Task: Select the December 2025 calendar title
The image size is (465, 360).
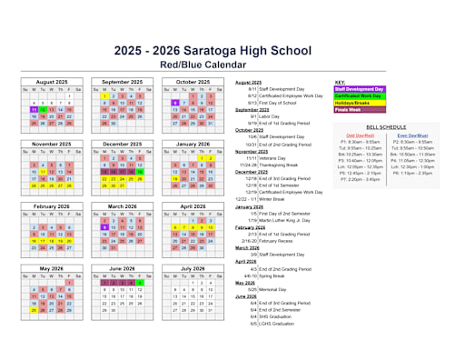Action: (x=123, y=144)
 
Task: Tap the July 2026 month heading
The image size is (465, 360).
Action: (x=193, y=269)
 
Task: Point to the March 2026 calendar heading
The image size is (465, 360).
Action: (x=123, y=206)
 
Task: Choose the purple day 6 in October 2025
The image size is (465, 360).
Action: (x=174, y=103)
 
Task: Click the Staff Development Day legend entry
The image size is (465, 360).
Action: (x=360, y=89)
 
